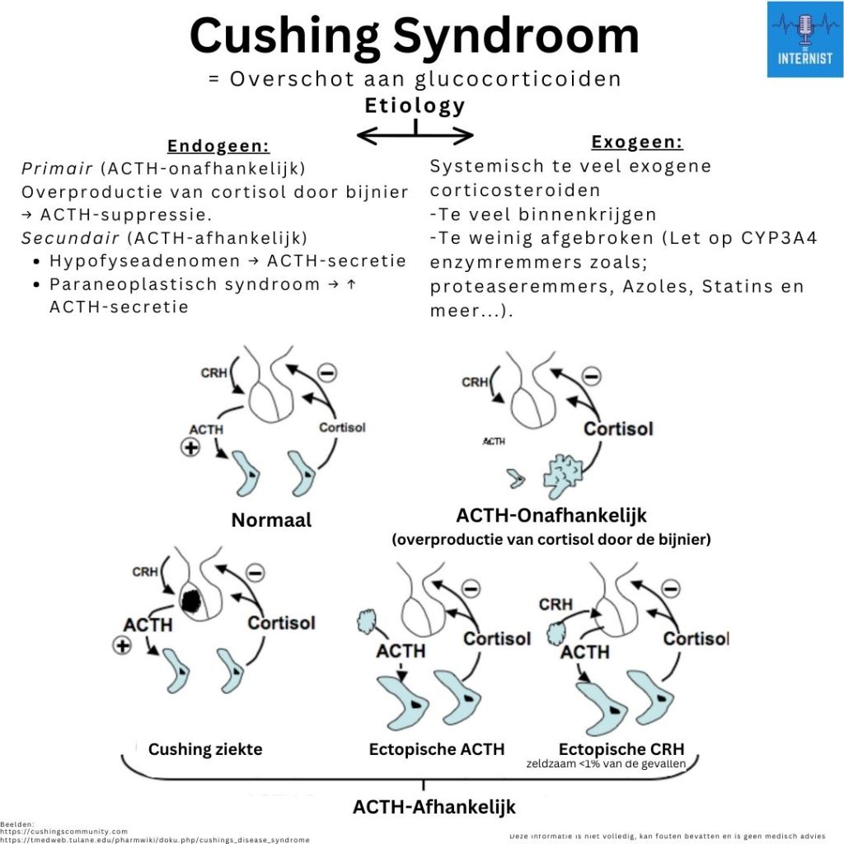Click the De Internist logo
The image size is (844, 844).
804,40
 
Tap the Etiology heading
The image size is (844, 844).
415,105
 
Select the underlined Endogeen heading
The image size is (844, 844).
218,147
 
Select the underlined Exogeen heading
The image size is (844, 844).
637,142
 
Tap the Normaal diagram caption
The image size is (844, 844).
271,520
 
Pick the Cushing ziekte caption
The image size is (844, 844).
205,749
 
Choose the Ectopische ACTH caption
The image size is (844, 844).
437,749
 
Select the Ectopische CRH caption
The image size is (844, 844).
621,749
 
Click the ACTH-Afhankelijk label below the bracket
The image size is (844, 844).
434,806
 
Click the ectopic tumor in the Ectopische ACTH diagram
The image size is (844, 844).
364,622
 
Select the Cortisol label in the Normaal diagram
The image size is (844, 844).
342,428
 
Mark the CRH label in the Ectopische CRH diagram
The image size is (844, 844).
556,604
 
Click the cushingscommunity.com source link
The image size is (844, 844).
64,832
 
